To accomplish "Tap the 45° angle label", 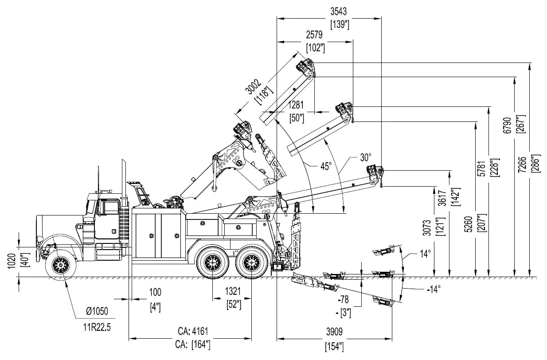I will coord(326,166).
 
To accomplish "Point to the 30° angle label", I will coord(366,157).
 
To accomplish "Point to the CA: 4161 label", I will coord(193,331).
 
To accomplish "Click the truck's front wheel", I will coord(61,266).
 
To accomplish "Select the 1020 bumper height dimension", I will coord(12,262).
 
